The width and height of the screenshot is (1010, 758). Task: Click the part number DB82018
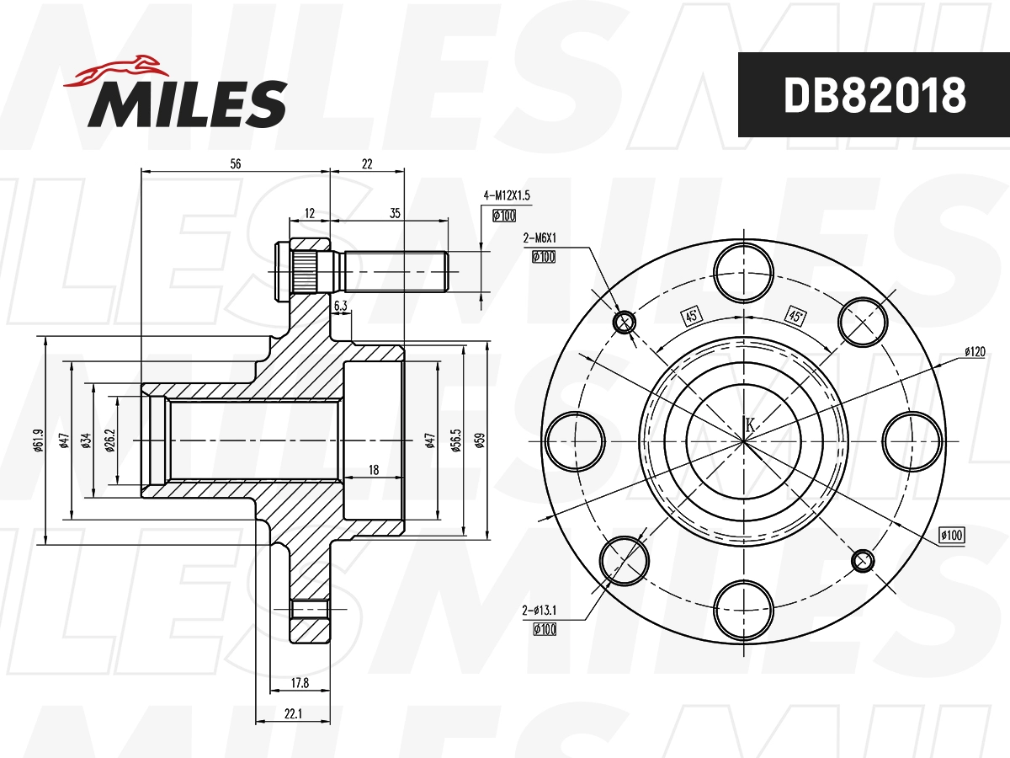tap(874, 95)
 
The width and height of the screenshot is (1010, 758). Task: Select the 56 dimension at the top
tap(235, 164)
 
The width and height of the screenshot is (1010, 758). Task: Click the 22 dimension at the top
tap(366, 164)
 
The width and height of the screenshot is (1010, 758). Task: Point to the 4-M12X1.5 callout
tap(507, 195)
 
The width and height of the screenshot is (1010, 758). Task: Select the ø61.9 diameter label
tap(38, 440)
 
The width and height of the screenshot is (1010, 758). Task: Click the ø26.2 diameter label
tap(110, 440)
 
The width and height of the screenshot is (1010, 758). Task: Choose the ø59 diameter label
tap(481, 440)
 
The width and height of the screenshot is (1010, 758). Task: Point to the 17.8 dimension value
tap(300, 684)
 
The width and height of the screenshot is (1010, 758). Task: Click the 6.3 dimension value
tap(341, 307)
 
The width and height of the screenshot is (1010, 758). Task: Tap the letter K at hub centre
tap(750, 425)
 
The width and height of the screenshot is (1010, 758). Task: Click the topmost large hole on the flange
tap(744, 273)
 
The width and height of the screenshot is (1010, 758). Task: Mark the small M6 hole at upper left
tap(625, 322)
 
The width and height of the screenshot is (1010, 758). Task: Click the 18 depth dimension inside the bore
tap(374, 470)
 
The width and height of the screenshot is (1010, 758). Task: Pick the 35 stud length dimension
tap(395, 214)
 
